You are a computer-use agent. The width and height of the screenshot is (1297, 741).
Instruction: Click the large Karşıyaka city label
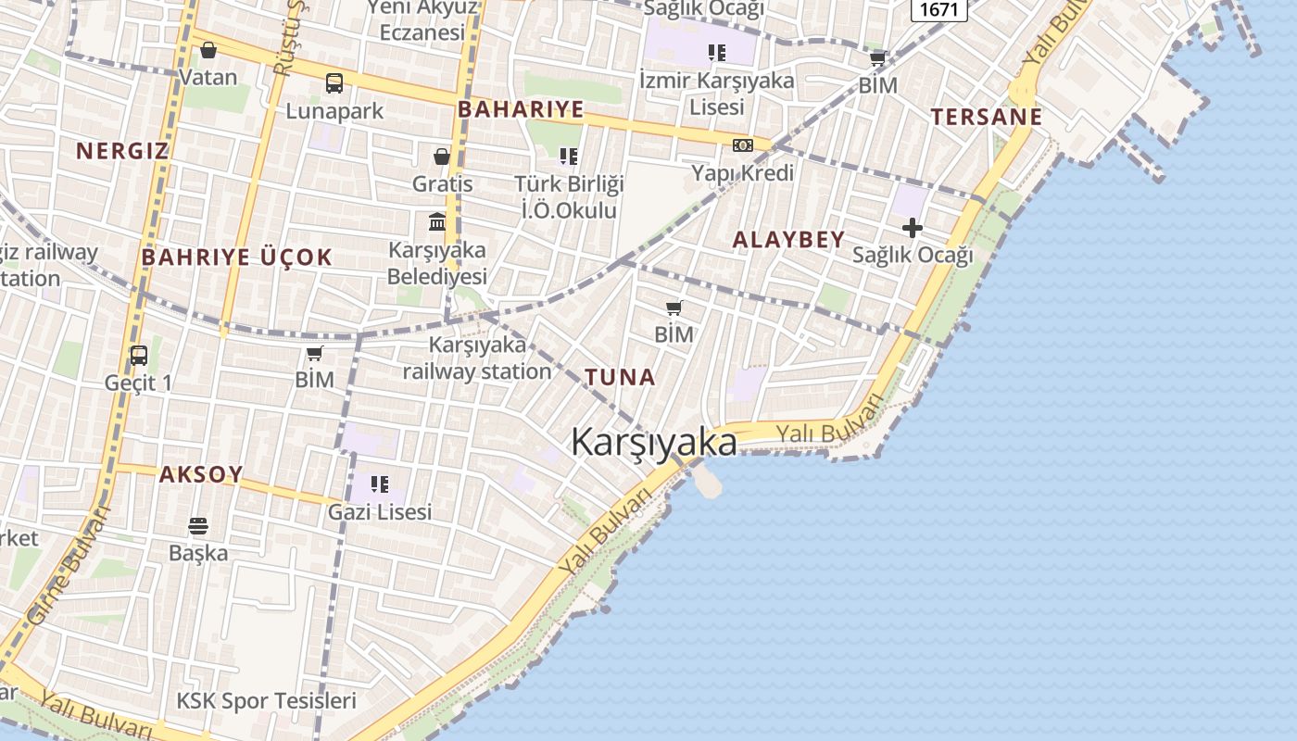point(654,441)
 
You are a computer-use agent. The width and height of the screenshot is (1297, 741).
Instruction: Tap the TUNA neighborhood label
point(620,377)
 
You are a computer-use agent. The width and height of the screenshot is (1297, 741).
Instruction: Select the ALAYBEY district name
point(788,239)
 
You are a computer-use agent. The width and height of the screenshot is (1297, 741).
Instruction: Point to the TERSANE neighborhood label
point(987,117)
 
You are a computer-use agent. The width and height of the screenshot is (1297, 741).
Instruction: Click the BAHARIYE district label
point(521,109)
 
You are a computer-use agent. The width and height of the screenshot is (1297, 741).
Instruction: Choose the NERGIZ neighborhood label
point(122,150)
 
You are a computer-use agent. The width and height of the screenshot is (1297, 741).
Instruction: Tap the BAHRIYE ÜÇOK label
point(236,257)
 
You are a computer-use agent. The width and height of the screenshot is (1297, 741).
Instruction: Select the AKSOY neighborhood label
point(201,474)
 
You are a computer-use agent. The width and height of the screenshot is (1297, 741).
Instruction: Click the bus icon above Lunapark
point(334,83)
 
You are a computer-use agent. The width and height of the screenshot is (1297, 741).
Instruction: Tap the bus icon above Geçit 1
point(139,356)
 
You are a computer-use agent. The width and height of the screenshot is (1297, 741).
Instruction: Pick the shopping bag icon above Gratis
point(442,157)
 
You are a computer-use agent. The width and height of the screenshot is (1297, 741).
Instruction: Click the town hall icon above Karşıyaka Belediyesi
point(437,222)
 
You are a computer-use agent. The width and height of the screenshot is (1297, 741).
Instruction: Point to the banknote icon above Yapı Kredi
point(743,145)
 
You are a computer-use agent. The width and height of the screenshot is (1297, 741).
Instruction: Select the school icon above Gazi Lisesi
point(379,484)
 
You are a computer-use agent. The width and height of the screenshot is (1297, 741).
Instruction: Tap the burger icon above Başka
point(198,526)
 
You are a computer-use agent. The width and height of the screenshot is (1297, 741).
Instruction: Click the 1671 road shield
point(939,9)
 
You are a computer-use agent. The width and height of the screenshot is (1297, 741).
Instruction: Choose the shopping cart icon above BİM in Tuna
point(674,308)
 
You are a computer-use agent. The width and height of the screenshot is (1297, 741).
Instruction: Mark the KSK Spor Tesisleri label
point(266,700)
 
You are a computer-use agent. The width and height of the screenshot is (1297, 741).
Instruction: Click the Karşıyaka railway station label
point(477,358)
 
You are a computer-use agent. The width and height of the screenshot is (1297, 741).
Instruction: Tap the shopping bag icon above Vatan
point(208,50)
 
